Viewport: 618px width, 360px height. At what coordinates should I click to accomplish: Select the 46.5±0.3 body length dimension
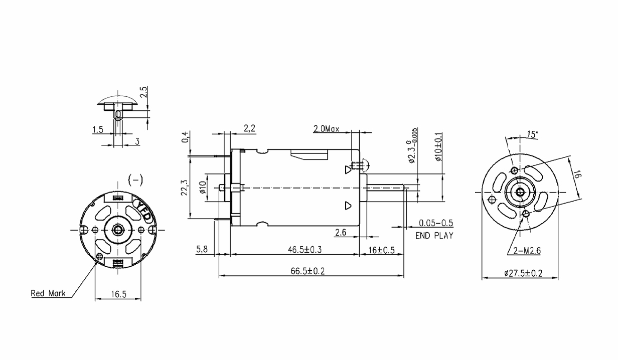305,250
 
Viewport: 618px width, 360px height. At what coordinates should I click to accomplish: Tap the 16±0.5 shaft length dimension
382,250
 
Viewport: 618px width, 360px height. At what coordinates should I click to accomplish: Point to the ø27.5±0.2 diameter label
523,273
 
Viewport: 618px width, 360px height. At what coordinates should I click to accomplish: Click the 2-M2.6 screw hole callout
527,251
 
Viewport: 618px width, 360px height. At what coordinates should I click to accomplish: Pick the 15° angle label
533,134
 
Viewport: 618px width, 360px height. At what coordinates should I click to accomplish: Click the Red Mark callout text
48,293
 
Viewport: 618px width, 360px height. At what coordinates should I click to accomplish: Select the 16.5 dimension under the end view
118,294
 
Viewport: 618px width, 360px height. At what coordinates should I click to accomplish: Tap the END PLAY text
434,236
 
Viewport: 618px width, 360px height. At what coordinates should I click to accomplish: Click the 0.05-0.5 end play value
436,223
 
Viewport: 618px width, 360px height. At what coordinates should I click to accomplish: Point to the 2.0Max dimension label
326,129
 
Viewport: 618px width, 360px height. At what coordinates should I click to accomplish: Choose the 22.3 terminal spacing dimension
184,188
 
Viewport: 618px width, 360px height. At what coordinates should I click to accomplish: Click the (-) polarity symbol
135,180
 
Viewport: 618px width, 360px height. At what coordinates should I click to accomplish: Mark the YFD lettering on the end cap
143,211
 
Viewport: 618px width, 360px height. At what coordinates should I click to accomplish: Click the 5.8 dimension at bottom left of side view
202,249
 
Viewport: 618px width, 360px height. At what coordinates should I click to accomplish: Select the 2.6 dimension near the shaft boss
341,233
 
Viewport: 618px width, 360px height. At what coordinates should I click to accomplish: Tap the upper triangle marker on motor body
348,169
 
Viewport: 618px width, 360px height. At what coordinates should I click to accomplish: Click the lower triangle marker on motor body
348,206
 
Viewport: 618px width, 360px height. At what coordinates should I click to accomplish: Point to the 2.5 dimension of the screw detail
144,92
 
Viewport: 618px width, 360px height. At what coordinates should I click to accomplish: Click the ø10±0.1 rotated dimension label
438,147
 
